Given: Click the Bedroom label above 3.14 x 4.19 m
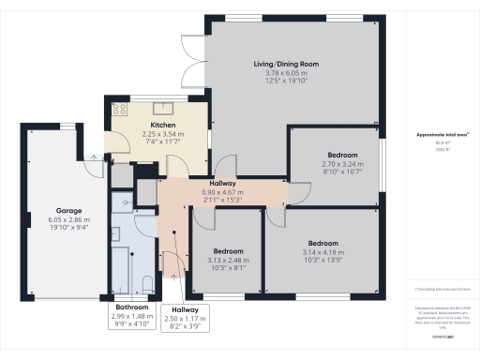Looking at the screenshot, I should tap(321, 244).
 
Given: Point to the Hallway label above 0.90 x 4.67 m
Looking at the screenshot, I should tap(222, 184).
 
